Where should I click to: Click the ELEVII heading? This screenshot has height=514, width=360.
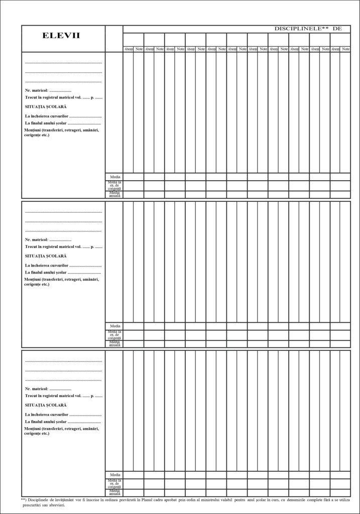(x=61, y=36)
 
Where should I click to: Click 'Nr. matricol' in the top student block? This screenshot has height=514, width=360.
(x=36, y=90)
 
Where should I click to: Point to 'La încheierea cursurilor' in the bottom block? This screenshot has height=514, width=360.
(x=47, y=414)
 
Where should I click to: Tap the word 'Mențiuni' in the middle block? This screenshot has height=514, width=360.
(x=35, y=279)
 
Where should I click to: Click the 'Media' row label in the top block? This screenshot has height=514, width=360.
(x=115, y=177)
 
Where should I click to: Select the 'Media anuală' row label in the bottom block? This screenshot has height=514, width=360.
(x=115, y=492)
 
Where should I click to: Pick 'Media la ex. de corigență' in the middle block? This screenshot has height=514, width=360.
(x=115, y=335)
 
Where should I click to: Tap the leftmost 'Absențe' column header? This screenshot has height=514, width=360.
(x=129, y=49)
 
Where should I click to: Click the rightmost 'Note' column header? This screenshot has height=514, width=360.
(x=345, y=49)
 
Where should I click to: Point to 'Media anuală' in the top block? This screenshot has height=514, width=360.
(x=115, y=194)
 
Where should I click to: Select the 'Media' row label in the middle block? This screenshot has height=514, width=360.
(x=115, y=326)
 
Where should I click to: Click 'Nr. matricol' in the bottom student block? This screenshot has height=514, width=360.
(x=36, y=389)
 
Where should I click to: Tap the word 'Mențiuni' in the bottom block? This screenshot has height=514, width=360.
(x=35, y=428)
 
